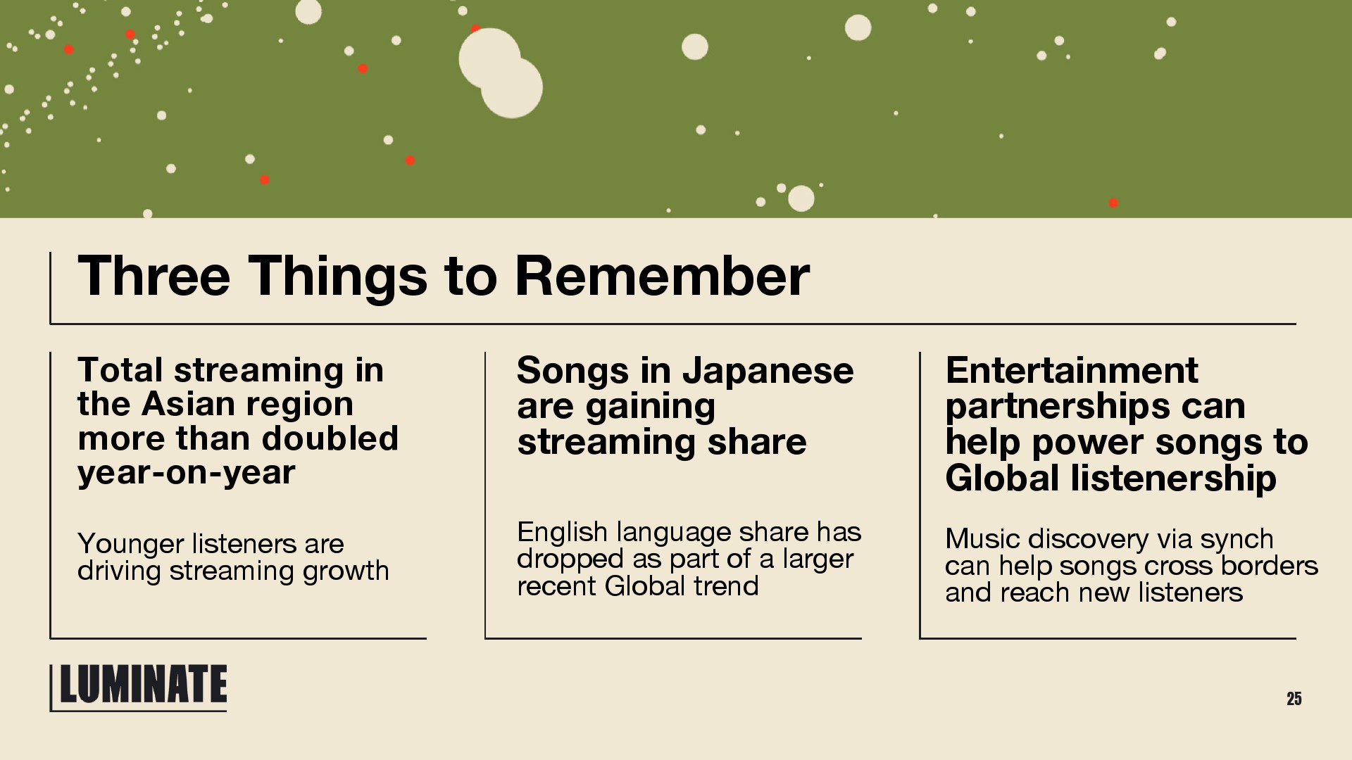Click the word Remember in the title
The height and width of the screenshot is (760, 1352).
(663, 276)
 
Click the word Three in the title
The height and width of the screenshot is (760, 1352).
(154, 276)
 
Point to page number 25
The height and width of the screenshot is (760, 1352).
(1294, 699)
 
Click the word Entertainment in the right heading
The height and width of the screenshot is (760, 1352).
(1072, 370)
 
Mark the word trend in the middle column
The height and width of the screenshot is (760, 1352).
(726, 586)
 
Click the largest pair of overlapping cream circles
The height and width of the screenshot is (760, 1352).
(501, 72)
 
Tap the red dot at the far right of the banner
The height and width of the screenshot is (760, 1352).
(1113, 203)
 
